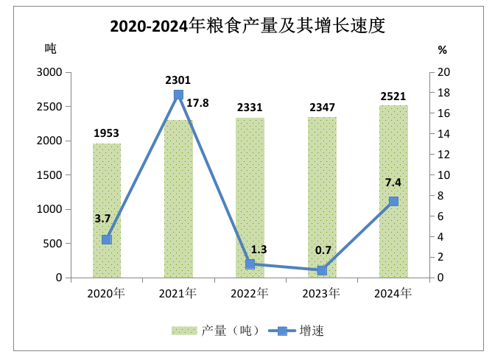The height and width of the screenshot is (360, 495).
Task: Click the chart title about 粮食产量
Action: click(x=248, y=26)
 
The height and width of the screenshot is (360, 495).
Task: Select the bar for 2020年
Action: click(x=107, y=213)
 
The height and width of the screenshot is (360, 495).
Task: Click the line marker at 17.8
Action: click(x=178, y=95)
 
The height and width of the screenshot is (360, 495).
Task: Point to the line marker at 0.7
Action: click(x=322, y=270)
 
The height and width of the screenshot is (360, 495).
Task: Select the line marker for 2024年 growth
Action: click(x=393, y=202)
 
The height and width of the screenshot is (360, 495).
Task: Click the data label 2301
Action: click(x=178, y=80)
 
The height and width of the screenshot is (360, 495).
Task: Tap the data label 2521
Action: click(x=393, y=96)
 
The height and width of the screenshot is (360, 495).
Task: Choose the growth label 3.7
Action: click(x=102, y=219)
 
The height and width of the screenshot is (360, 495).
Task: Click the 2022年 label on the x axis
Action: click(x=250, y=293)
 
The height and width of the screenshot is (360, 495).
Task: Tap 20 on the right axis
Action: click(x=443, y=72)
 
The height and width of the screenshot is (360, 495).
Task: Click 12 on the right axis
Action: click(x=443, y=155)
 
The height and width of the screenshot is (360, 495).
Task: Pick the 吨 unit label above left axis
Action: click(x=50, y=49)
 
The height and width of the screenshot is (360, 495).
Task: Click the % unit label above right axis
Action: click(x=442, y=50)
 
